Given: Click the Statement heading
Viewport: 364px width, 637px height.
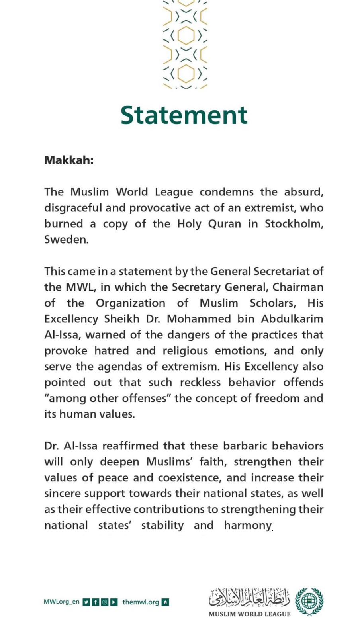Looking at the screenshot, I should [184, 115].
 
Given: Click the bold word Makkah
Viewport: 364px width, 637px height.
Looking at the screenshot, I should [68, 160].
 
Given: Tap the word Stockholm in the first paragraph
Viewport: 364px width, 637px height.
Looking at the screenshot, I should [294, 224].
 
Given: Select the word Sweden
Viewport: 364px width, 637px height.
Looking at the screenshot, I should [65, 240].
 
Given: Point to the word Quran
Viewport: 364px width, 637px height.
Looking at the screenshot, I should [225, 224].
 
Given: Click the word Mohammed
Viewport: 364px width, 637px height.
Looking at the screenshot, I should [199, 319].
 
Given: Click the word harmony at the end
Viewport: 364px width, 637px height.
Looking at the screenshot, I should [247, 526].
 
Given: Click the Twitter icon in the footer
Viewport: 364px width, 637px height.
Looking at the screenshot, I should [86, 602].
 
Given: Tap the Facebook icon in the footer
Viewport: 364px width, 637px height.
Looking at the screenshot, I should [96, 602].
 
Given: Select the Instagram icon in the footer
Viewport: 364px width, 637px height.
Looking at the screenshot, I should [105, 602].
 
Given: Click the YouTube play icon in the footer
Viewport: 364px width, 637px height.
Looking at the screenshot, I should [114, 602].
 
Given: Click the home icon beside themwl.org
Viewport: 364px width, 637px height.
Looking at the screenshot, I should [165, 602].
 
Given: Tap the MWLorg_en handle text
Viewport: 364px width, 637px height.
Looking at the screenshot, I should [61, 602].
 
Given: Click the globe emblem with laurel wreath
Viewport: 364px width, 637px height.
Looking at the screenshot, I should [309, 601].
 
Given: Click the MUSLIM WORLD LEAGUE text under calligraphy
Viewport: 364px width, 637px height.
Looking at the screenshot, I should [249, 614].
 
